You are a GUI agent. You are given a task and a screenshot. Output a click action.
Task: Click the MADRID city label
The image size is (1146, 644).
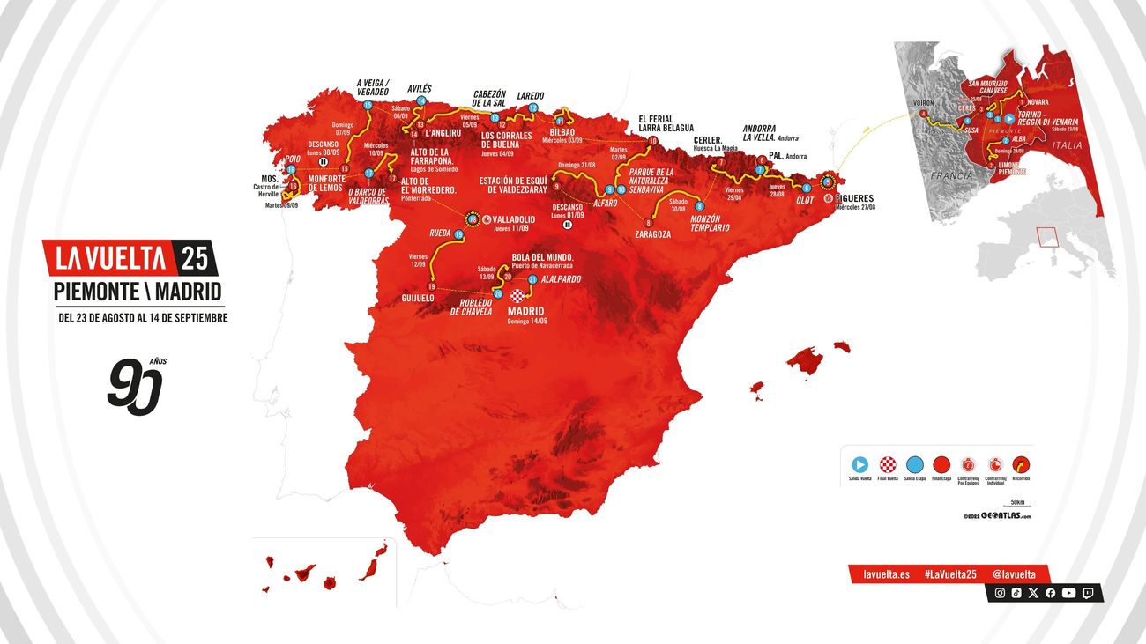coord(526,311)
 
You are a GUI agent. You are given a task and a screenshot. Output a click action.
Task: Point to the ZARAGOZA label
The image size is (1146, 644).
coord(653,234)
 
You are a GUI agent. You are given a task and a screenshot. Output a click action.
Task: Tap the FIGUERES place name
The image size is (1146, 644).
coord(851,198)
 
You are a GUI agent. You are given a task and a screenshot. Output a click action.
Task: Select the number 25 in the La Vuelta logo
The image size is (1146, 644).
coord(195,257)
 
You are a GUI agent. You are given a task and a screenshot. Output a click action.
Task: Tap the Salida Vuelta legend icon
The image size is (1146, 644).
coord(860,464)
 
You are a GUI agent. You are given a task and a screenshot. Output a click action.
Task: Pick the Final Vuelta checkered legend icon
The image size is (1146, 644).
coord(888,464)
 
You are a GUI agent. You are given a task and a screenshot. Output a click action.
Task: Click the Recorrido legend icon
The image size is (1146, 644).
coord(1021,464)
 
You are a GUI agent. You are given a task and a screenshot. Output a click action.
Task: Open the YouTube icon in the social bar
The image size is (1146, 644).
coord(1068,593)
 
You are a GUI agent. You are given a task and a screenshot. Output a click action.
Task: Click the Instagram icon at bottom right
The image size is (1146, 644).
coord(1000,593)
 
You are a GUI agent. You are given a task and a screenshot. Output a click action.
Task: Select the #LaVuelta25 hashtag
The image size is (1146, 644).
coord(950,574)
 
